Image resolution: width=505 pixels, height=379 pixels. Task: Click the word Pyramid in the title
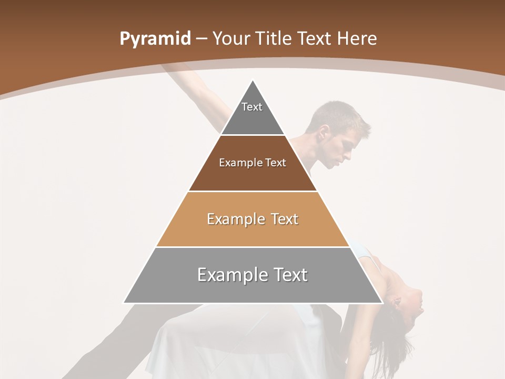pos(155,39)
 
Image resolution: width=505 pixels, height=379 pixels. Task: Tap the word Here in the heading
pos(357,39)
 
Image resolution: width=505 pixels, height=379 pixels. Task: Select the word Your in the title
pos(232,39)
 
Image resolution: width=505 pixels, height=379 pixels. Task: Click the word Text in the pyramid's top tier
pos(252,107)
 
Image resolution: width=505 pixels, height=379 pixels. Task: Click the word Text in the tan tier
pos(285,219)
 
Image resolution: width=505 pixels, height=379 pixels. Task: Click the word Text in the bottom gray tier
pos(291,275)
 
